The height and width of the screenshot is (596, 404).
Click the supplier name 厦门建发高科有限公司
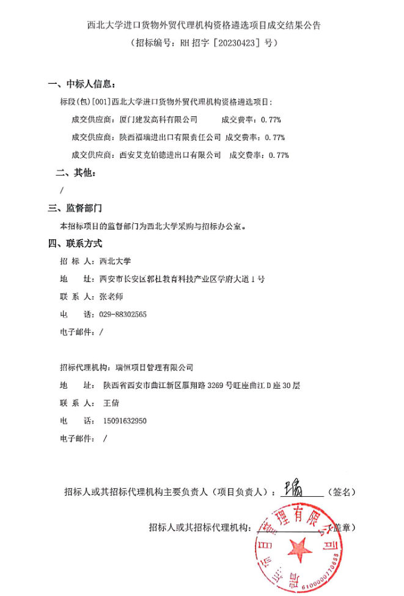(158, 119)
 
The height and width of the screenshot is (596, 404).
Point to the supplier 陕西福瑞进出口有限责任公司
(170, 137)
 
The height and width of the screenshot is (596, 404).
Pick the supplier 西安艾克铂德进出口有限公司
(170, 155)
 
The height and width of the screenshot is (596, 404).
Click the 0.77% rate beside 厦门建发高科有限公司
(270, 119)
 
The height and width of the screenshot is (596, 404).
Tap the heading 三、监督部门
(76, 208)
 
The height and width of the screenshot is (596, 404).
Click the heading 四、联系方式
(76, 244)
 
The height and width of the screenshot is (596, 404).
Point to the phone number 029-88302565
(122, 314)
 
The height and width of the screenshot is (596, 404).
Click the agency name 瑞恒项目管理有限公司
(154, 368)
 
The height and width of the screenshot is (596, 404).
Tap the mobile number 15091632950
(125, 421)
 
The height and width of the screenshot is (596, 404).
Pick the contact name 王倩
(111, 403)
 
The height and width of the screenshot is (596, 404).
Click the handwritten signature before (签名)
(291, 488)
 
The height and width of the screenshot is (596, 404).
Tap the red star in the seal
(300, 546)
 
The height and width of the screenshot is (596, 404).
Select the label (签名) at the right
(341, 492)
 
